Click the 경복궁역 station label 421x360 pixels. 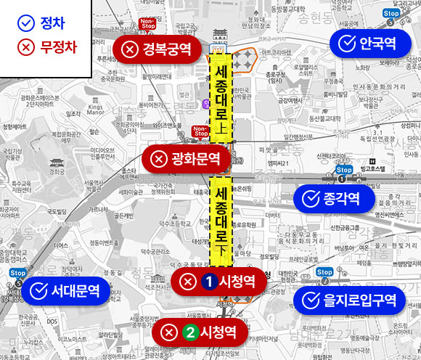pyautogui.click(x=157, y=49)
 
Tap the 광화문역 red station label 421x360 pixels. pyautogui.click(x=184, y=158)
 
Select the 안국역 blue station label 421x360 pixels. pyautogui.click(x=369, y=44)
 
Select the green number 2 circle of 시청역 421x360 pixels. pyautogui.click(x=190, y=332)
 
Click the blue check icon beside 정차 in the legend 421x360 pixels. pyautogui.click(x=25, y=22)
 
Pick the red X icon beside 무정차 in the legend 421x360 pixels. pyautogui.click(x=25, y=48)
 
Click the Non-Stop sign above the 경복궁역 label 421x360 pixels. pyautogui.click(x=147, y=24)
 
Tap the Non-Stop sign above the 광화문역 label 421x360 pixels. pyautogui.click(x=201, y=131)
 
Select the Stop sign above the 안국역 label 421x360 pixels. pyautogui.click(x=391, y=13)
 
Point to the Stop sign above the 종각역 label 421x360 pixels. pyautogui.click(x=344, y=171)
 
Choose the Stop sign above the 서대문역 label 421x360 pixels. pyautogui.click(x=20, y=273)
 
